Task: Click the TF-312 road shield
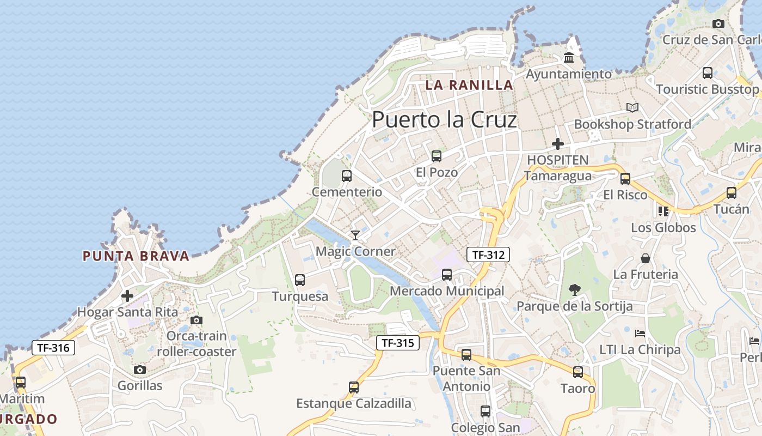coord(488,254)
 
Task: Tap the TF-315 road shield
coord(398,343)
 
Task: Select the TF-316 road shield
coord(53,347)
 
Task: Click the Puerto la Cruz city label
coord(444,120)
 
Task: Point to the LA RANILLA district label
coord(469,85)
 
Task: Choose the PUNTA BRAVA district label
coord(136,256)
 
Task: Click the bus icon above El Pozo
coord(437,156)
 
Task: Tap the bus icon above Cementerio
coord(347,176)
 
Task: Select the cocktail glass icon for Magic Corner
coord(355,235)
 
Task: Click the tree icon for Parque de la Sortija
coord(574,289)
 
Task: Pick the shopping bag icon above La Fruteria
coord(646,258)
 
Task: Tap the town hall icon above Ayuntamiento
coord(569,57)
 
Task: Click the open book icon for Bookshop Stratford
coord(632,108)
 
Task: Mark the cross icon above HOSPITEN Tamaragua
coord(558,144)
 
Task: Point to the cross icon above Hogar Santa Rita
coord(127,296)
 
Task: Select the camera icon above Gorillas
coord(140,370)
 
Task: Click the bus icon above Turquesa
coord(300,280)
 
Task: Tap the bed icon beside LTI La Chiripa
coord(640,333)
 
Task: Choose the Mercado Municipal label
coord(447,291)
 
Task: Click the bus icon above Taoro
coord(578,372)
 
